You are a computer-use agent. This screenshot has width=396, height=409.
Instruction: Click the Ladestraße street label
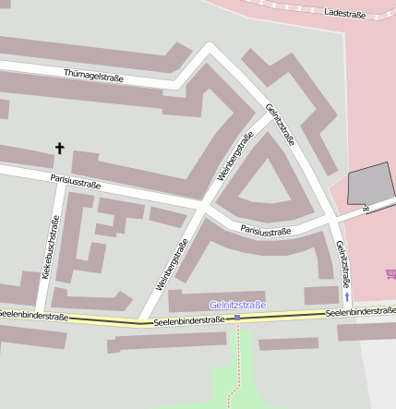click(x=346, y=15)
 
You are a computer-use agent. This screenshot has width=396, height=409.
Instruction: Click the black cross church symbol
click(x=61, y=148)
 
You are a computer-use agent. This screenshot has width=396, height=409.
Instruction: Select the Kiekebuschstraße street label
click(x=50, y=247)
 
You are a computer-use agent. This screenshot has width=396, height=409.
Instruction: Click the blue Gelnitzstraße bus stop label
click(x=237, y=305)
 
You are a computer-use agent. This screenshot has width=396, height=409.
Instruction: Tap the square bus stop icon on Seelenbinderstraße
click(x=238, y=318)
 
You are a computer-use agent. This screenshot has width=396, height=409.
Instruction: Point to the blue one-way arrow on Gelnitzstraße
click(x=347, y=298)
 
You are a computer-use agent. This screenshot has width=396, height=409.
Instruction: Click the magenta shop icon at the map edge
click(x=390, y=274)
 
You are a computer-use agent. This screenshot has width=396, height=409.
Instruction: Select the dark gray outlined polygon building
click(x=370, y=183)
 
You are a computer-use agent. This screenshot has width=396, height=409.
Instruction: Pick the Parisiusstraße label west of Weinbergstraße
click(x=76, y=183)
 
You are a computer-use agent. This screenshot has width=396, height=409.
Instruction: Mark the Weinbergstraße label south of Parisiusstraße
click(x=173, y=265)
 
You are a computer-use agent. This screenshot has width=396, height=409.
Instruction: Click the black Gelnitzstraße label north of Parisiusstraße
click(x=281, y=124)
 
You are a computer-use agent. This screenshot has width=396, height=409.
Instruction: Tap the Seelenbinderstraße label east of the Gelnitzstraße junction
click(x=361, y=313)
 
